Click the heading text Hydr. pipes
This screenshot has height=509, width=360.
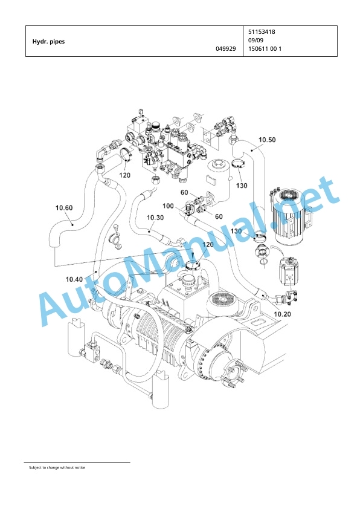(48, 42)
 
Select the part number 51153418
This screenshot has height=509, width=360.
(262, 32)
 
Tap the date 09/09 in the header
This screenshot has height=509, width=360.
(256, 41)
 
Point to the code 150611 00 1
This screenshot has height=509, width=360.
(265, 49)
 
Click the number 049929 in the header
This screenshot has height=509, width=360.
(226, 49)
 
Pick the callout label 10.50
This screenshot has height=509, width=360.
(267, 140)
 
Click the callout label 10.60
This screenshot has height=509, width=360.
(64, 208)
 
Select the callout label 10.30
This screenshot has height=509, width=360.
(155, 218)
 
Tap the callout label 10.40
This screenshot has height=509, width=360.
(74, 279)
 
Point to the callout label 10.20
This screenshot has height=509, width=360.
(282, 314)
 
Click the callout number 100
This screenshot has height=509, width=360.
(168, 206)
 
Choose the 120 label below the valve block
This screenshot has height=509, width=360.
(124, 175)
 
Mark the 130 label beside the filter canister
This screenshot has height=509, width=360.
(241, 186)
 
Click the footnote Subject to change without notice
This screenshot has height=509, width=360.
(57, 467)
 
